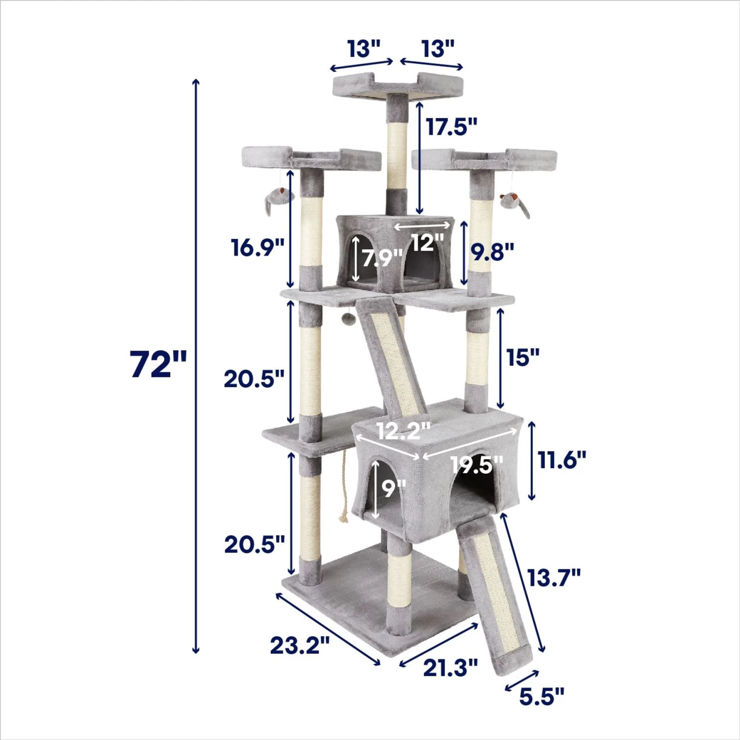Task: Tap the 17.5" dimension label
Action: click(x=452, y=127)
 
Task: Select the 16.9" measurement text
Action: click(x=258, y=247)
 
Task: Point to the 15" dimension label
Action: click(x=523, y=357)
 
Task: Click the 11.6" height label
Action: click(x=562, y=460)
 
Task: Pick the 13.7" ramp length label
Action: click(x=554, y=577)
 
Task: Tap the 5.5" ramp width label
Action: click(x=542, y=697)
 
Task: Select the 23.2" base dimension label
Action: click(x=300, y=645)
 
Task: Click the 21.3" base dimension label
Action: click(x=450, y=668)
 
